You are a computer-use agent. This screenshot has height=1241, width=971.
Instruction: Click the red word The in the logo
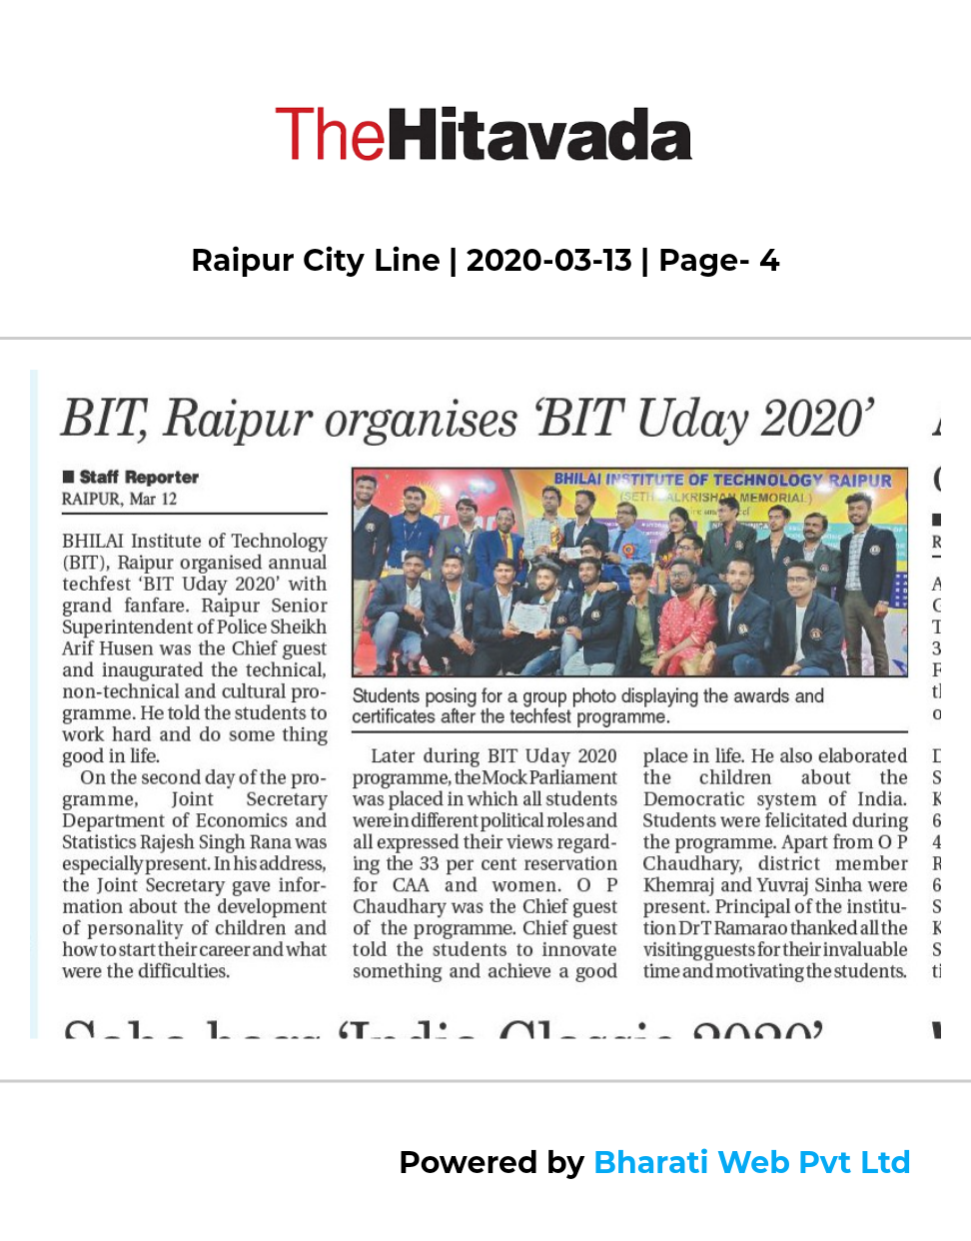coord(329,136)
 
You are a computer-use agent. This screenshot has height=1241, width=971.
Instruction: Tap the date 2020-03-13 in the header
coord(548,261)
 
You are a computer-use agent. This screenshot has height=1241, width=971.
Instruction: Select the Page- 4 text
coord(718,261)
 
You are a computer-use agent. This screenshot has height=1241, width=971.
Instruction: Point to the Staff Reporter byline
coord(139,478)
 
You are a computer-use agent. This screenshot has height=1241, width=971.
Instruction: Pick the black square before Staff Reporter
coord(68,477)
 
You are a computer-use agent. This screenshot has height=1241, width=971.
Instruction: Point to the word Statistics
coord(99,842)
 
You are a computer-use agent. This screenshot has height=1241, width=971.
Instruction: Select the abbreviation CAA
coord(411,885)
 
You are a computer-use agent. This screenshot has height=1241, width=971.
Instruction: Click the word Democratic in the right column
coord(699,799)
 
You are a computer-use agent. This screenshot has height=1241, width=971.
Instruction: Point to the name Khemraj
coord(678,885)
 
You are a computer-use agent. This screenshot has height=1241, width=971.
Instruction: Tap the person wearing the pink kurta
coord(687,620)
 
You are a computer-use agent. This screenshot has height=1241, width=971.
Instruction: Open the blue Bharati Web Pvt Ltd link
coord(751,1162)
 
